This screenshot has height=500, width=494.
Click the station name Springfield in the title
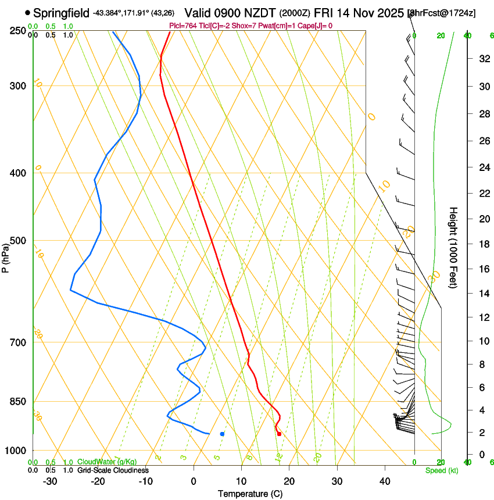[62, 13]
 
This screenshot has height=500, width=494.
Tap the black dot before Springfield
[27, 12]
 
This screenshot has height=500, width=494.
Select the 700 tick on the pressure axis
[19, 342]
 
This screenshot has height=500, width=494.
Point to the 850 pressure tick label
[19, 402]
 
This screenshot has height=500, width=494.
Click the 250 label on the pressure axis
[19, 30]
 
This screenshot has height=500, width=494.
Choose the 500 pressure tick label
[19, 241]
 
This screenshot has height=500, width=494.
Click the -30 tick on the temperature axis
[50, 481]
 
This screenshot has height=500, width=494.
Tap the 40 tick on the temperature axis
[384, 481]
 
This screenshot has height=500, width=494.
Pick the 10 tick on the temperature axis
[241, 481]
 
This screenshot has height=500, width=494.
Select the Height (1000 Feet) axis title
[454, 248]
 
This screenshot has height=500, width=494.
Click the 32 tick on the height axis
[482, 58]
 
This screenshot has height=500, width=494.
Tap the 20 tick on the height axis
[482, 219]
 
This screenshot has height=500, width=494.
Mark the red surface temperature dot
[280, 434]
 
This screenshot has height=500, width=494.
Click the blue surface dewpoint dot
[222, 434]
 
